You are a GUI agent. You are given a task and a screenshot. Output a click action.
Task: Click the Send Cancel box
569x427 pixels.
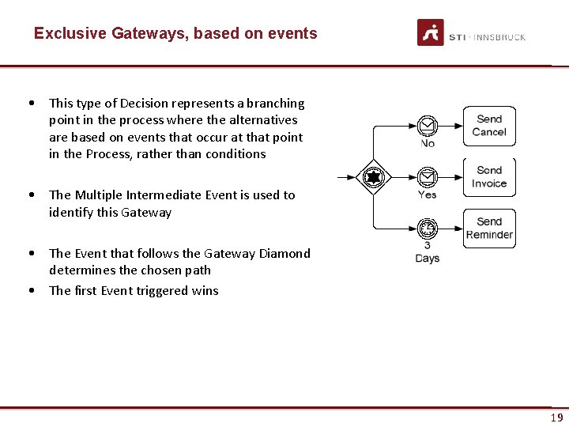pos(489,126)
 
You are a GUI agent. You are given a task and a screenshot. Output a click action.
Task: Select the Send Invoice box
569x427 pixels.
pos(489,177)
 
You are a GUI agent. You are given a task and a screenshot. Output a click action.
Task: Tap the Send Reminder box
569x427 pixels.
pos(489,229)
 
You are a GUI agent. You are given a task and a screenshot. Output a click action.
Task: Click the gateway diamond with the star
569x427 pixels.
pos(372,176)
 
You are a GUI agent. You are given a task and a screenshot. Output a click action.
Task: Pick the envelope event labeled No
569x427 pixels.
pos(428,126)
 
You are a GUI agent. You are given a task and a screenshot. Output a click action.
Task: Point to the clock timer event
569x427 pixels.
pos(428,229)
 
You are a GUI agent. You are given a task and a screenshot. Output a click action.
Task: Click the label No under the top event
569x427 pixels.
pos(428,144)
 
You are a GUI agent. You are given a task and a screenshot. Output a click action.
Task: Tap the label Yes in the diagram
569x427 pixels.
pos(428,195)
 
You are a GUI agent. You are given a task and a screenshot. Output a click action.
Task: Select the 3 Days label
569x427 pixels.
pos(428,252)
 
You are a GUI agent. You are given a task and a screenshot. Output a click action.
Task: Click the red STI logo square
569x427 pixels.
pos(431,32)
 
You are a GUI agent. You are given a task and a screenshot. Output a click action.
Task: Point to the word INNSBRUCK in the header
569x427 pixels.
pos(500,37)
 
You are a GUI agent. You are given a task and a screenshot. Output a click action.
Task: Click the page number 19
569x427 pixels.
pos(557,418)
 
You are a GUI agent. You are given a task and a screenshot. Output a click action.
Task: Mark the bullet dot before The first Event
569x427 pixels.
pos(30,290)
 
